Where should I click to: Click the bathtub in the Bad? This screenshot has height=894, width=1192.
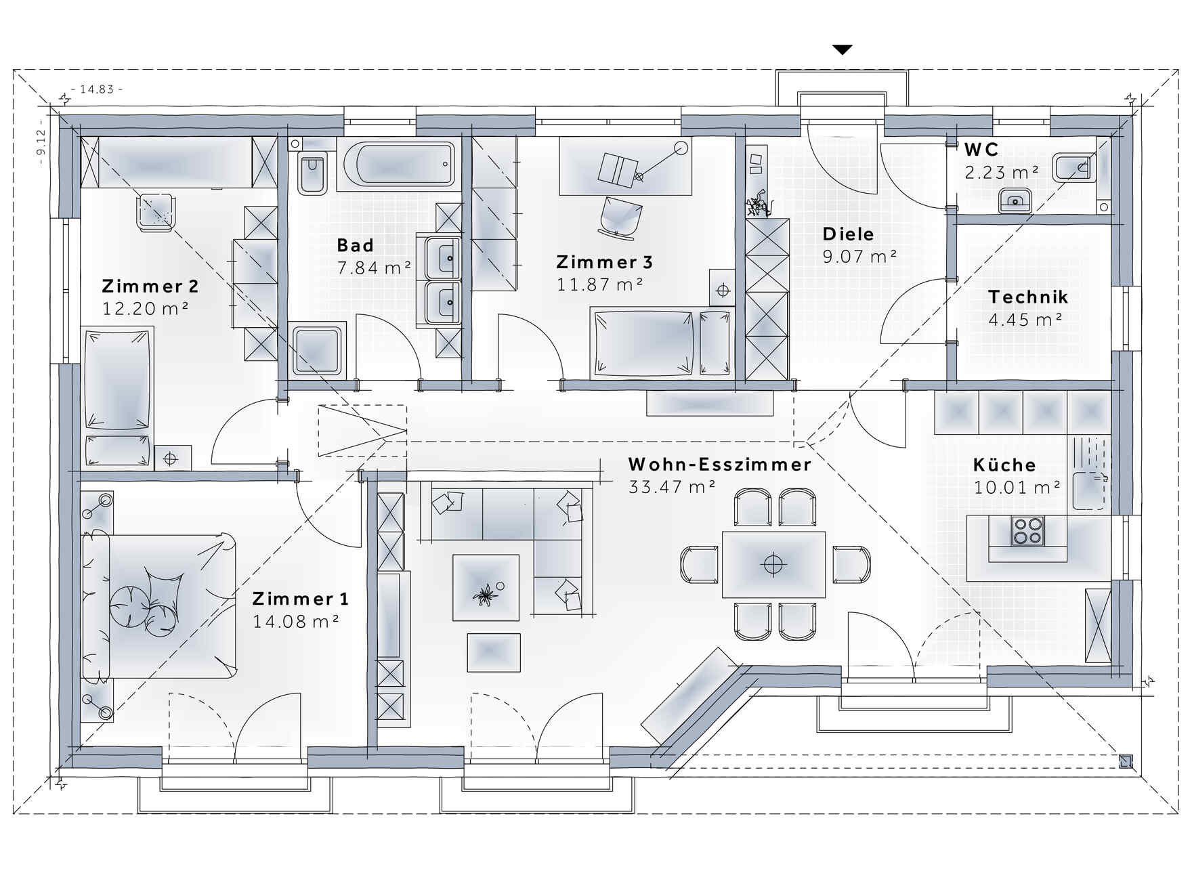click(400, 163)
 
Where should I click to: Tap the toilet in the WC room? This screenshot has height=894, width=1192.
click(1075, 167)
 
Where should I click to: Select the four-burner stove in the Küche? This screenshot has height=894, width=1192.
click(1027, 530)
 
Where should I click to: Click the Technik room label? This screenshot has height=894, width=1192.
click(1028, 297)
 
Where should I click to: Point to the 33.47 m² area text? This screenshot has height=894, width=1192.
click(673, 486)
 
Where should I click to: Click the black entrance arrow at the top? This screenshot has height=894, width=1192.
click(843, 49)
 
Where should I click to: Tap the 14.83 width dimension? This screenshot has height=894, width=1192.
click(97, 89)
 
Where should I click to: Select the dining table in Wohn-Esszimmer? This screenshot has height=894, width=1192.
click(773, 564)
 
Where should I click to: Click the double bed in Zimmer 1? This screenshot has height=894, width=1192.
click(159, 605)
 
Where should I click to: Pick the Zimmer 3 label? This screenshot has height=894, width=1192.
click(605, 262)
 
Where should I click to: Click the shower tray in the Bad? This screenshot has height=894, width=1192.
click(318, 349)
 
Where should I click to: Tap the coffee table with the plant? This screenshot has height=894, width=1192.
click(486, 587)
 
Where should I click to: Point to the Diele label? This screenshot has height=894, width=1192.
click(848, 234)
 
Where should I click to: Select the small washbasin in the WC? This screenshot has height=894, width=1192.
click(1015, 200)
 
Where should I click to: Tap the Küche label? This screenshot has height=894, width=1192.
click(1004, 465)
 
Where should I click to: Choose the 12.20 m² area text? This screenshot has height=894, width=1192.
click(145, 308)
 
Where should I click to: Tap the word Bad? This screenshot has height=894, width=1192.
click(355, 244)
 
